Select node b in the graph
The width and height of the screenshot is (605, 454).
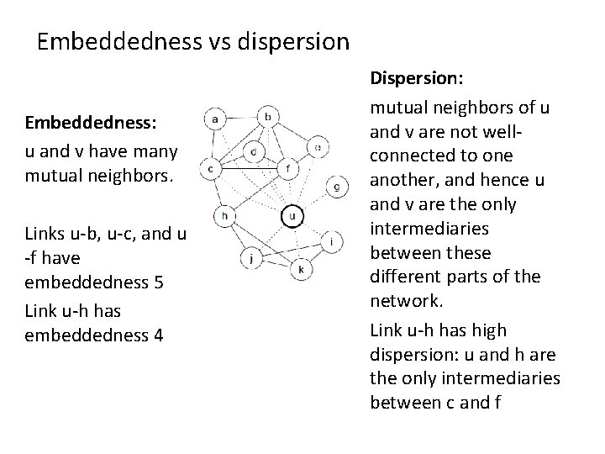coord(268,116)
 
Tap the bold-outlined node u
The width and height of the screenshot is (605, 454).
coord(292,216)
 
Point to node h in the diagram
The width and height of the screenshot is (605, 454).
coord(225,215)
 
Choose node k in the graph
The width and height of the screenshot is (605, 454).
coord(300,269)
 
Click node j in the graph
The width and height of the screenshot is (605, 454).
coord(250,257)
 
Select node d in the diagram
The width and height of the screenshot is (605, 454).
coord(254,152)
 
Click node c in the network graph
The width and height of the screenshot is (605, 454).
coord(213,169)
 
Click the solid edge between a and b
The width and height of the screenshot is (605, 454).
coord(242,119)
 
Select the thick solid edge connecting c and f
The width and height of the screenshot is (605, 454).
coord(251,167)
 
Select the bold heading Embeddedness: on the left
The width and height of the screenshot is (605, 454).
coord(92,122)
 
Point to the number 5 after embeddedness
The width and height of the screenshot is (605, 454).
coord(158,281)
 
